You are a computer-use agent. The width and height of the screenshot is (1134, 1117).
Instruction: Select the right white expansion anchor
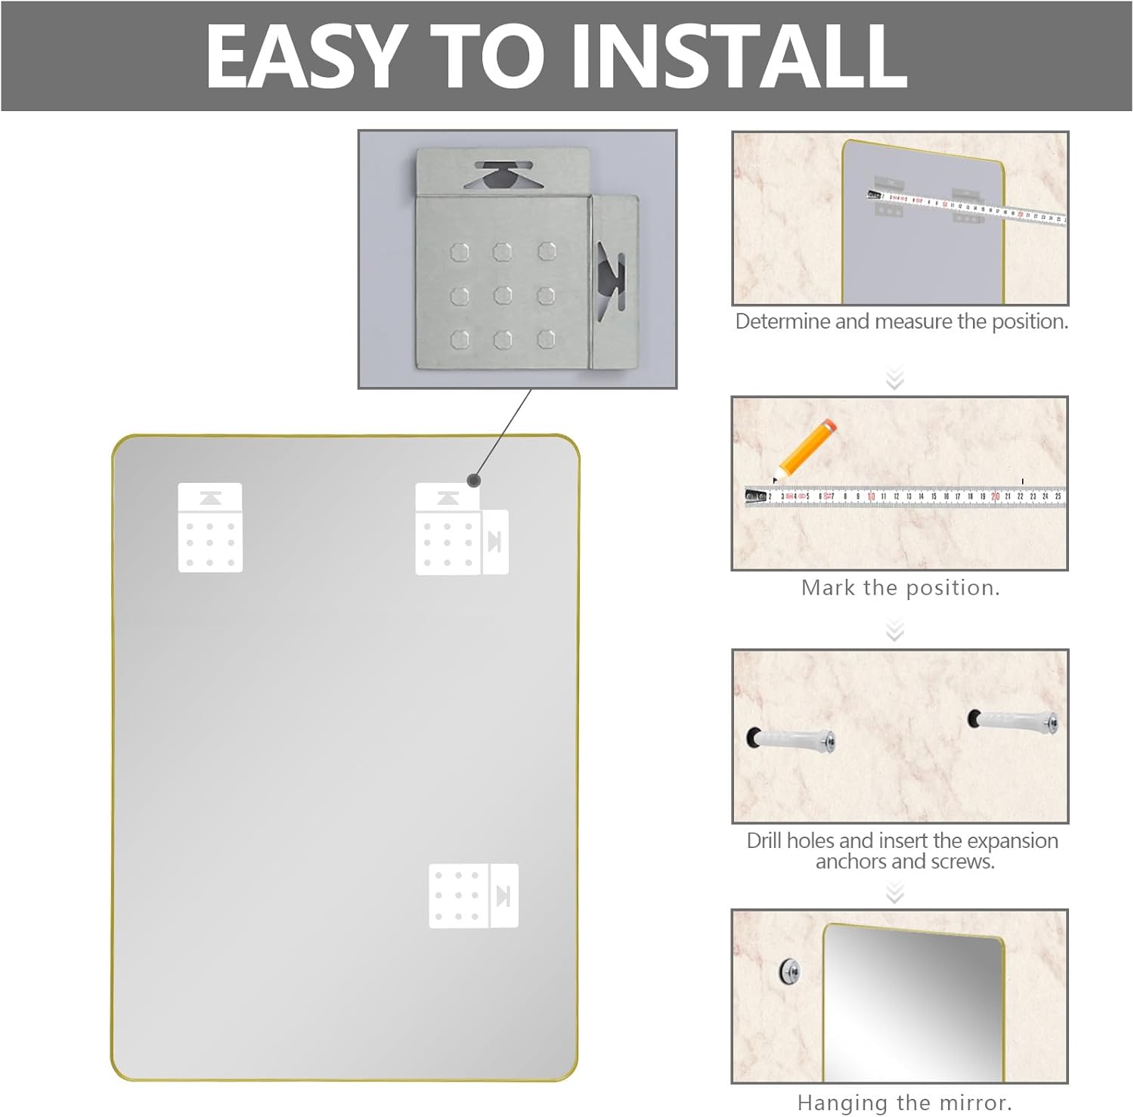click(x=1013, y=720)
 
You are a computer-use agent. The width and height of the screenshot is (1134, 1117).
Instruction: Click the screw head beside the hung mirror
click(x=790, y=970)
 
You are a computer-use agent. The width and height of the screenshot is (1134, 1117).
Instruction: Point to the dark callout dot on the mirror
click(x=474, y=480)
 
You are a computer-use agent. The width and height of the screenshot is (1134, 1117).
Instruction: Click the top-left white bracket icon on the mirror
click(x=210, y=528)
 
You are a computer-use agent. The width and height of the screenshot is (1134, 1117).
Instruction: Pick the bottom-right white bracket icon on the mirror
click(x=473, y=896)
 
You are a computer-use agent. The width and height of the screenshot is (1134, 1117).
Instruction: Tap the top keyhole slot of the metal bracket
click(x=500, y=175)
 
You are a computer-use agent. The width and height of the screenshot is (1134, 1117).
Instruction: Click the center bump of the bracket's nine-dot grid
click(x=503, y=295)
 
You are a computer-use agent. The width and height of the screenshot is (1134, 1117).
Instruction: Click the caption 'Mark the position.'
click(x=900, y=588)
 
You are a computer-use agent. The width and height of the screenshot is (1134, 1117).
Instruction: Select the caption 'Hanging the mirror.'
click(x=904, y=1103)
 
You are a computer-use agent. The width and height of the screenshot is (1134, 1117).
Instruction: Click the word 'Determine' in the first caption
click(x=782, y=322)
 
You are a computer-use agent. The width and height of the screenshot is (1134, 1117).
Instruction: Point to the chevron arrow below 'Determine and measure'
click(x=895, y=378)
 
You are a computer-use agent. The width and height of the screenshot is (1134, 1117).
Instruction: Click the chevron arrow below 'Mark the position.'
click(x=895, y=630)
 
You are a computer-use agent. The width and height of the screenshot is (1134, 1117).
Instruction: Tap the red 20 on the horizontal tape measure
click(x=995, y=497)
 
